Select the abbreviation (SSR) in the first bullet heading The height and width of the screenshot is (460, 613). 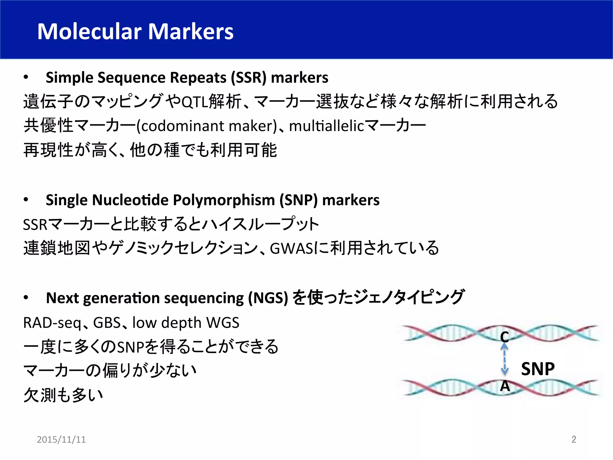coord(248,78)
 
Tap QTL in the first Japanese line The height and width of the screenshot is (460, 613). coord(195,102)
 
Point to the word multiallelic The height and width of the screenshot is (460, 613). coord(326,126)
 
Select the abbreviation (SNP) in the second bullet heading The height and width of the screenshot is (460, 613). coord(298,200)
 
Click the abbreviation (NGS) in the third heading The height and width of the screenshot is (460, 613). coord(268,298)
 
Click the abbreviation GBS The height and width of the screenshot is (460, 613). coord(107,323)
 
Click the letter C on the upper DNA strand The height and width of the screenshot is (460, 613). coord(504,337)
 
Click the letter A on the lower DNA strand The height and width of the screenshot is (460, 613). coord(505,386)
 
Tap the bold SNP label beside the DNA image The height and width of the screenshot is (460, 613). coord(538,369)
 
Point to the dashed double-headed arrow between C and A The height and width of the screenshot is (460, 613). coord(505,359)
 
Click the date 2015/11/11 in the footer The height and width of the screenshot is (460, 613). coord(61,439)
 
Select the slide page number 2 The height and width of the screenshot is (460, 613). coord(574,439)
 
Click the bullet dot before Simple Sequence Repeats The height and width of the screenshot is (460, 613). coord(26,77)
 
